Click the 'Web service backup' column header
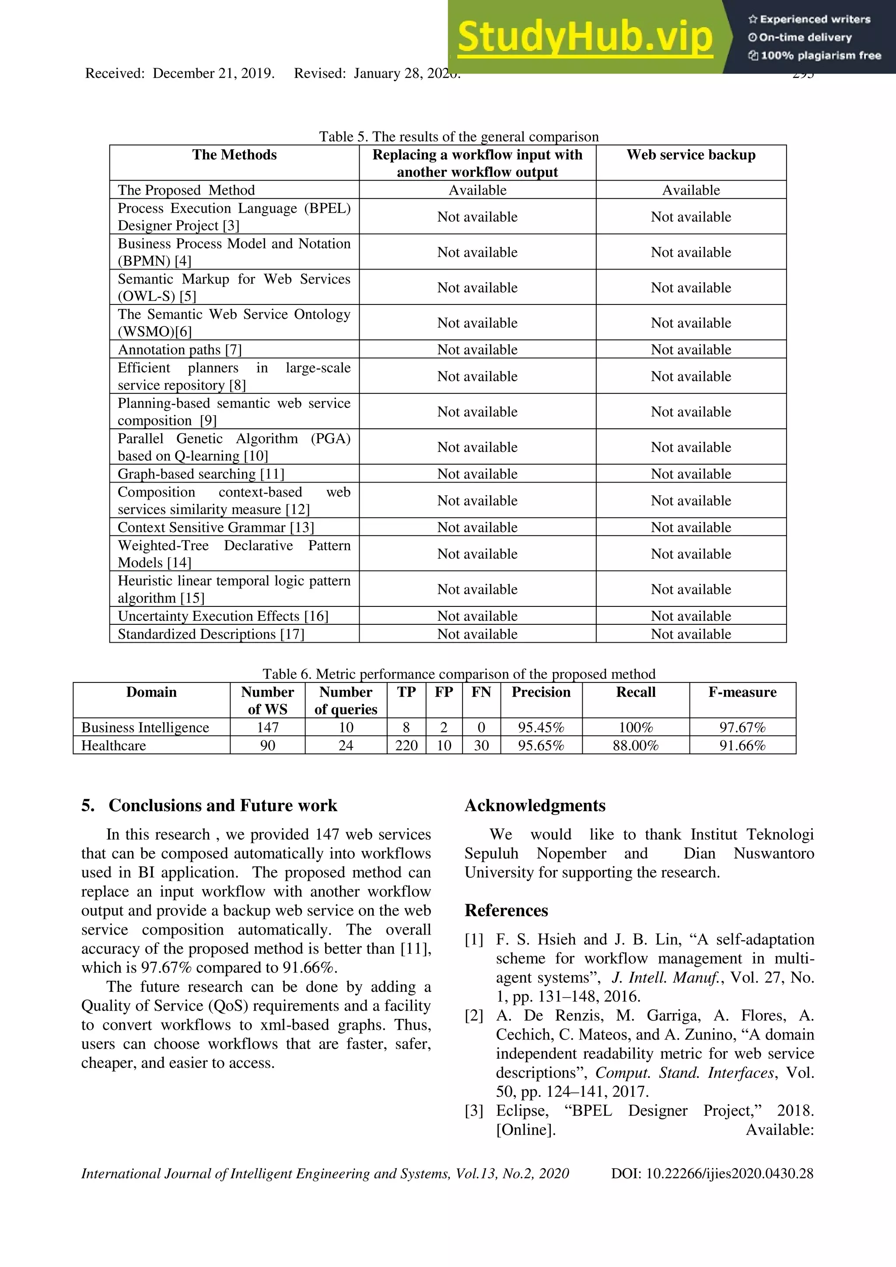[x=691, y=155]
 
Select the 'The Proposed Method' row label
[x=186, y=190]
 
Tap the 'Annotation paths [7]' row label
[x=180, y=350]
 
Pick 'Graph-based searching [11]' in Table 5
[x=201, y=474]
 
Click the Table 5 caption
[x=458, y=137]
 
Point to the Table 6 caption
[x=458, y=674]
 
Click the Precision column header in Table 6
[x=541, y=693]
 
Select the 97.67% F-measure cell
[x=742, y=728]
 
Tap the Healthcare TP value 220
[x=406, y=746]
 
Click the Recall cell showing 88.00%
[x=636, y=746]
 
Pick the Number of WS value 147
[x=268, y=728]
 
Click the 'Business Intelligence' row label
[x=145, y=728]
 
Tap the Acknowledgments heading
[x=535, y=806]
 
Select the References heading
[x=506, y=910]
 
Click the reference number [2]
[x=474, y=1016]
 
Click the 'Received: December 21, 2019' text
[x=180, y=74]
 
